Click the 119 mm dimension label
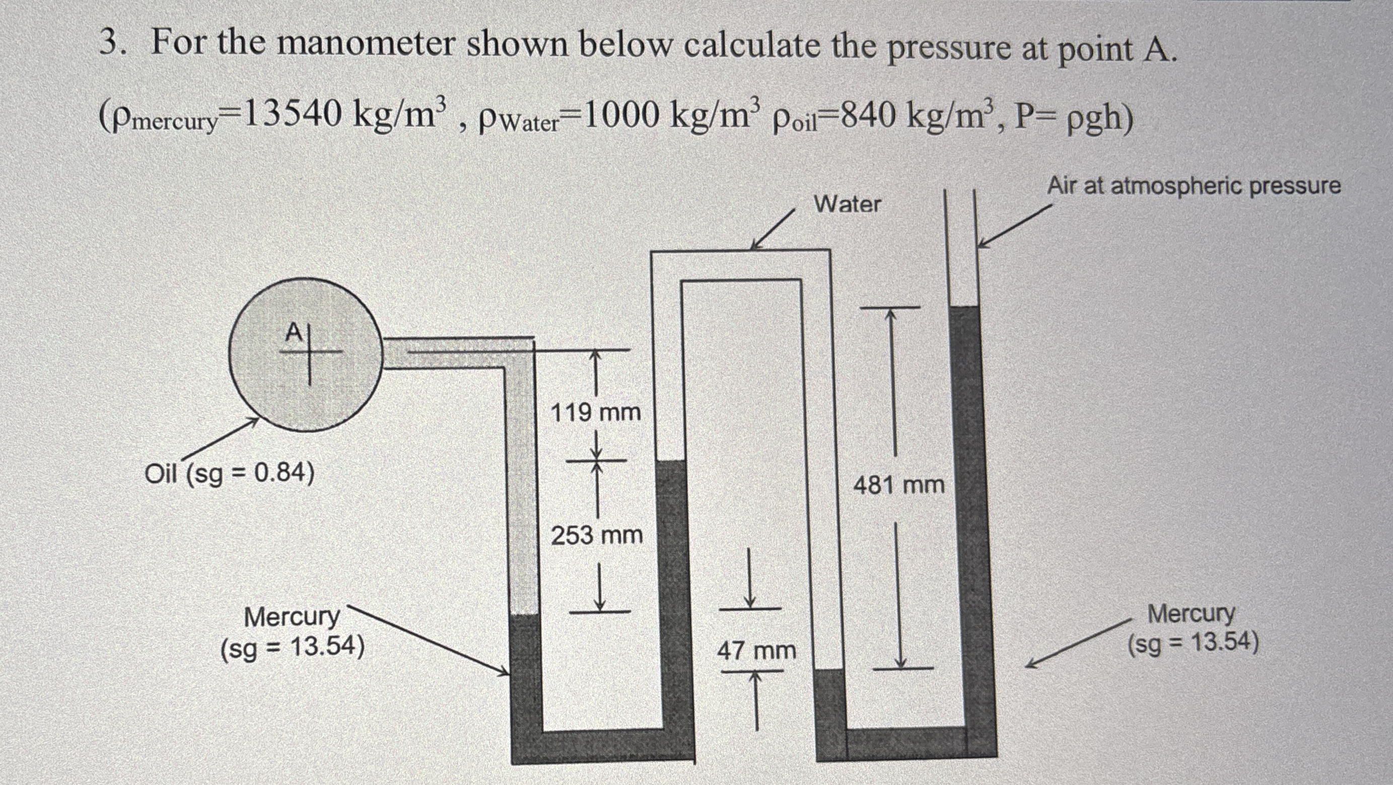[x=595, y=413]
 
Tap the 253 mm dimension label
[x=597, y=536]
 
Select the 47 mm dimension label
[x=756, y=651]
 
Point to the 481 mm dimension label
[x=899, y=485]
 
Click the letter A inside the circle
[x=293, y=332]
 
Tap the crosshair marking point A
[x=310, y=352]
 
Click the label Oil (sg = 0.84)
[x=229, y=474]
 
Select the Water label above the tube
[x=847, y=204]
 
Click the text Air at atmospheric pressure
[x=1194, y=186]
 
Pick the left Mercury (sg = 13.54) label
[x=292, y=631]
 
